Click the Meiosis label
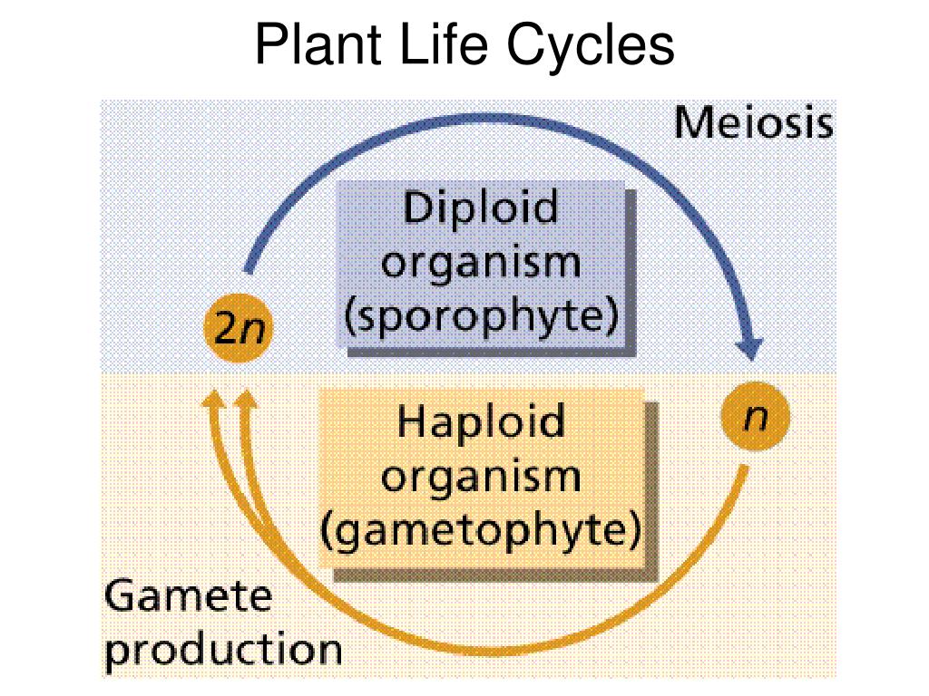(x=754, y=123)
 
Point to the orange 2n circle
(x=239, y=328)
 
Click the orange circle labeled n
(x=756, y=416)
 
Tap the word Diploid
(x=481, y=208)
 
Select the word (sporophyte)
(x=481, y=316)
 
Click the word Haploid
(x=481, y=422)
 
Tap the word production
(x=223, y=650)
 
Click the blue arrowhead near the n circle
(x=750, y=349)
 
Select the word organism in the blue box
(x=481, y=264)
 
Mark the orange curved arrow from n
(x=492, y=651)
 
